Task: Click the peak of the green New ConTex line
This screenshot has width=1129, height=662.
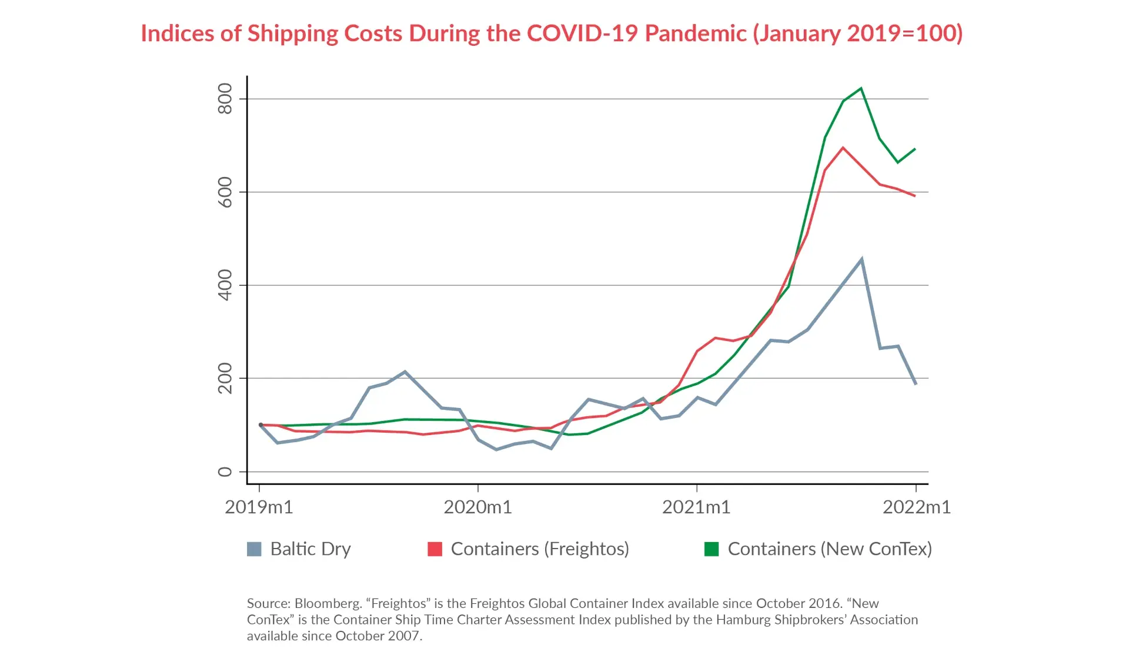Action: point(861,89)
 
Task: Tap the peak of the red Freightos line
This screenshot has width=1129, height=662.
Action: point(843,148)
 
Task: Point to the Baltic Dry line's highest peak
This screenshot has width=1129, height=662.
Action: point(861,259)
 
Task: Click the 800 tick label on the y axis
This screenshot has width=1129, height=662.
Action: point(225,99)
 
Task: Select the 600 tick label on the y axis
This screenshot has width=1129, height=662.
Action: point(225,192)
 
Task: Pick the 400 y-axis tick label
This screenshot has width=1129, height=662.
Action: point(225,285)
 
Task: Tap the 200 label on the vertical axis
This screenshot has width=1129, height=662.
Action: point(225,378)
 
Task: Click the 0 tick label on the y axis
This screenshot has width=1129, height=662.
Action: point(225,472)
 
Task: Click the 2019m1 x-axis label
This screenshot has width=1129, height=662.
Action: point(259,507)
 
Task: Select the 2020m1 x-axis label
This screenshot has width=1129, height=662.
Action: point(477,507)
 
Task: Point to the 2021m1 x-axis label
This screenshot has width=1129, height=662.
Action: point(696,507)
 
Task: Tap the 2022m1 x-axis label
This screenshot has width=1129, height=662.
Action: point(916,507)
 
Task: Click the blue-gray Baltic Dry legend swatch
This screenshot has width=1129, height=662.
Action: point(254,549)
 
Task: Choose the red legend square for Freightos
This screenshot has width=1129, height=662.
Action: point(435,549)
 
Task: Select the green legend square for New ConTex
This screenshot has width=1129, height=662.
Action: point(712,549)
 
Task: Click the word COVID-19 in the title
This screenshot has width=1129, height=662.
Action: point(582,34)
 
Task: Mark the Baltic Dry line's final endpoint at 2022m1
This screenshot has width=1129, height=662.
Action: point(916,384)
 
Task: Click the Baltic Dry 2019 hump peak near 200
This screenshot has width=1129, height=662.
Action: point(405,372)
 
